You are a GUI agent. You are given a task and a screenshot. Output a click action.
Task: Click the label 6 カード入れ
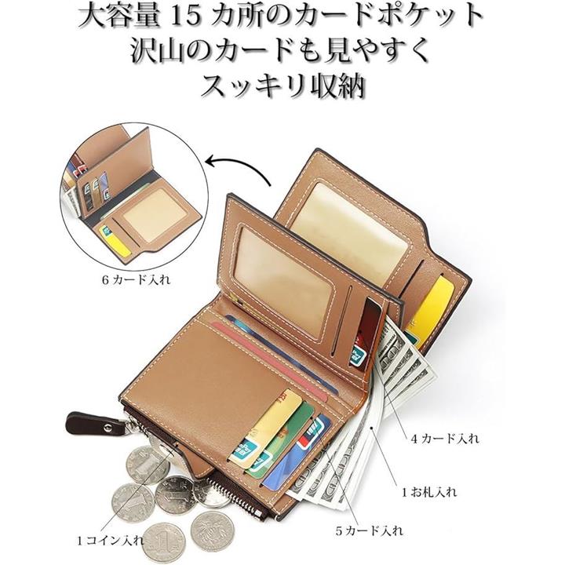[x=136, y=280]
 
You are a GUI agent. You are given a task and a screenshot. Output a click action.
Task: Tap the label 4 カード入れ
[x=446, y=439]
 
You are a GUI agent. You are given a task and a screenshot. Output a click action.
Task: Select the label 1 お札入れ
[x=429, y=492]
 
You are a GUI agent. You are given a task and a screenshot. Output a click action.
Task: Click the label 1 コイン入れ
[x=111, y=541]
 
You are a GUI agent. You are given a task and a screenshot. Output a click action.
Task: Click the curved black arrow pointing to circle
[x=239, y=168]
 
